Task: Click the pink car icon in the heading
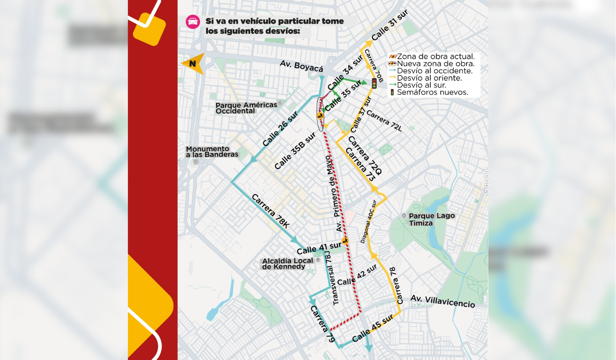click(x=193, y=22)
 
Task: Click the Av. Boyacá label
click(x=301, y=66)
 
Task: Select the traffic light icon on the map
click(x=374, y=84)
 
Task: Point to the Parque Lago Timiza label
click(x=432, y=219)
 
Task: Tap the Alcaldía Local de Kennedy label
click(x=288, y=264)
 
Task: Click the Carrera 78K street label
click(x=271, y=211)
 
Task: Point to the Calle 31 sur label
click(x=390, y=25)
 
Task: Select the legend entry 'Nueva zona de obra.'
click(x=435, y=64)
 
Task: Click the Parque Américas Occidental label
click(x=246, y=108)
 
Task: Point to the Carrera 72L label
click(x=384, y=121)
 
